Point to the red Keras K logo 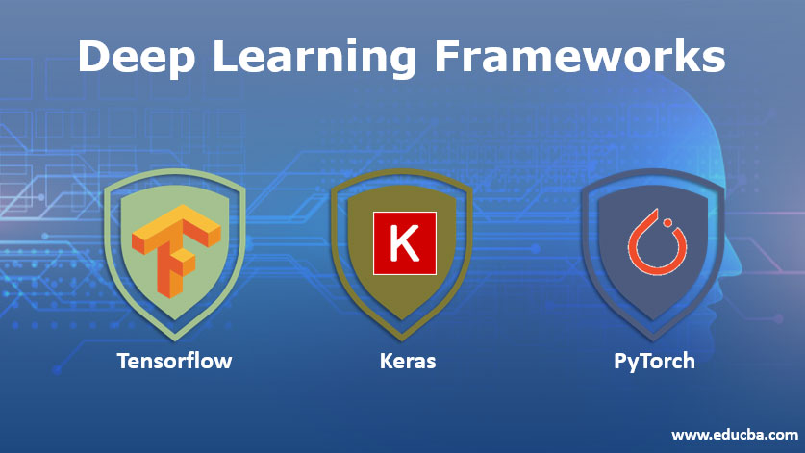coord(405,242)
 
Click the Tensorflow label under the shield coord(174,362)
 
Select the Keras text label coord(405,362)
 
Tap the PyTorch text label coord(654,362)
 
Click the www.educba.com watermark coord(734,435)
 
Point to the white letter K coord(405,243)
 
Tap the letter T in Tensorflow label coord(123,362)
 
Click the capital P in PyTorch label coord(620,362)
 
